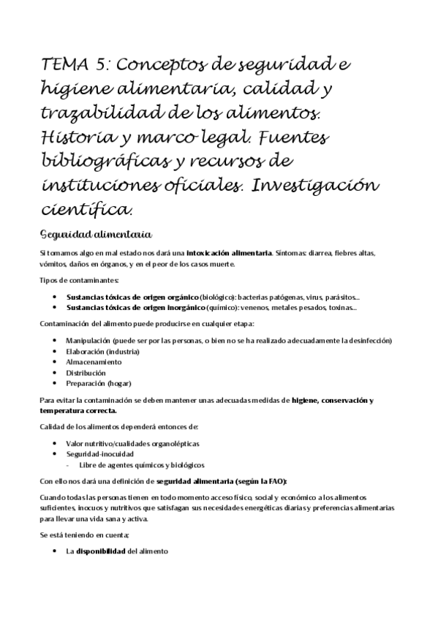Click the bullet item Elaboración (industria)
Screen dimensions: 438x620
(x=102, y=352)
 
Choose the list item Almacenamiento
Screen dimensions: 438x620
(x=97, y=362)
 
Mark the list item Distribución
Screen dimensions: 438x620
(x=91, y=372)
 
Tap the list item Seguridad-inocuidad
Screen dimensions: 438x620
(x=100, y=454)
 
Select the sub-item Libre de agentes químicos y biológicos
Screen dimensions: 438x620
(x=142, y=465)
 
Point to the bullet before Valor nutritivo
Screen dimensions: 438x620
(x=57, y=444)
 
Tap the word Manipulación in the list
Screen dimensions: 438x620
(x=88, y=341)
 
